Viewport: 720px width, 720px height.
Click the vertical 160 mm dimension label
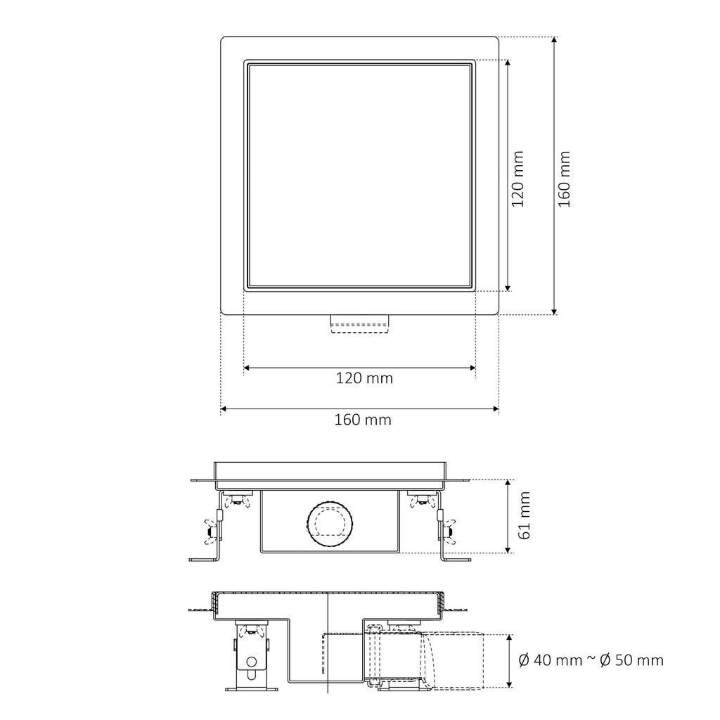[565, 179]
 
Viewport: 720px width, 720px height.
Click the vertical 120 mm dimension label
[517, 179]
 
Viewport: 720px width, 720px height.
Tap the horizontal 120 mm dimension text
[364, 378]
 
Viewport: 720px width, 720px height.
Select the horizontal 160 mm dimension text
[363, 420]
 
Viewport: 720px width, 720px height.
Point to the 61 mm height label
[524, 515]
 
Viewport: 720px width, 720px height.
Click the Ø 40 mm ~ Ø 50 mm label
[591, 660]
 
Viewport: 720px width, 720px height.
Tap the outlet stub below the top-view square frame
[360, 323]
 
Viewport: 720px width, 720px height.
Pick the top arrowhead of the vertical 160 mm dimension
[554, 40]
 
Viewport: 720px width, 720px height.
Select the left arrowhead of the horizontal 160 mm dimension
[224, 409]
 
